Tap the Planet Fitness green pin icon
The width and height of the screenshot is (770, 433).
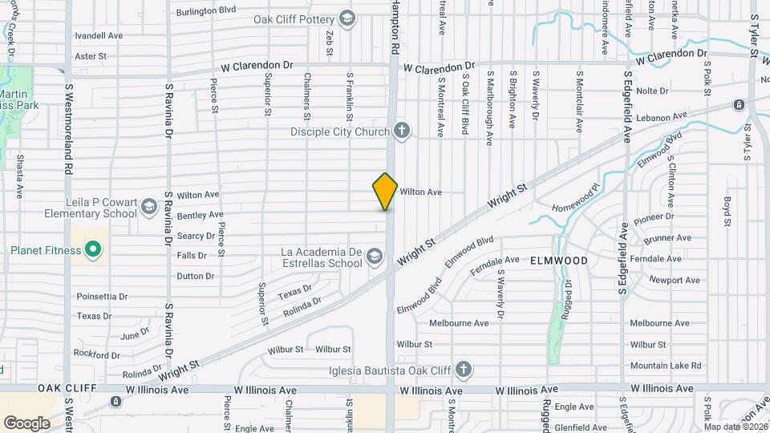pyautogui.click(x=93, y=249)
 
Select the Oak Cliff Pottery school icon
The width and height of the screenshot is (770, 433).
pyautogui.click(x=347, y=18)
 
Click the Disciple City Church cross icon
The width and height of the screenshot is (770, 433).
pyautogui.click(x=402, y=131)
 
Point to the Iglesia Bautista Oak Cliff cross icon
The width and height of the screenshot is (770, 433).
pyautogui.click(x=462, y=370)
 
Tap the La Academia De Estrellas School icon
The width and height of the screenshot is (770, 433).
pyautogui.click(x=373, y=257)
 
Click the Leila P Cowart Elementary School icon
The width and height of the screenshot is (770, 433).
pyautogui.click(x=148, y=208)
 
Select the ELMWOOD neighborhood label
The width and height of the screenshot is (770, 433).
pyautogui.click(x=558, y=261)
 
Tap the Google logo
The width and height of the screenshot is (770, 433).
pyautogui.click(x=26, y=423)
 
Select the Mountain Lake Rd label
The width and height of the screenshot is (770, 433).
pyautogui.click(x=665, y=366)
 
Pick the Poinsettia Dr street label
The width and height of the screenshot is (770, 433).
pyautogui.click(x=102, y=296)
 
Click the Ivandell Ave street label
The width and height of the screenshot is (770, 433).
pyautogui.click(x=98, y=36)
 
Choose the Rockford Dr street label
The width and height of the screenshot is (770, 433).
pyautogui.click(x=96, y=354)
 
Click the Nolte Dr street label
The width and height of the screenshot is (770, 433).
pyautogui.click(x=652, y=91)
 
